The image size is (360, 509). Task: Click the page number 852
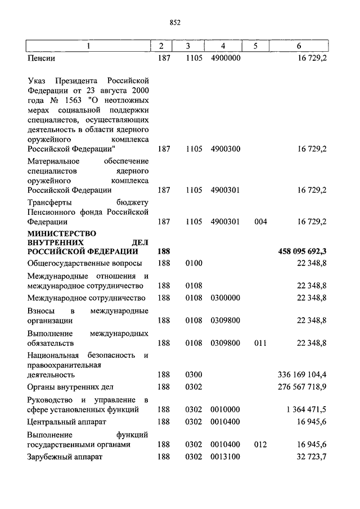pos(174,22)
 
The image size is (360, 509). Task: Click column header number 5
pos(255,46)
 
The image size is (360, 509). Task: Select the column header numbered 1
pos(88,46)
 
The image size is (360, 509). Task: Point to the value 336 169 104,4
pos(303,374)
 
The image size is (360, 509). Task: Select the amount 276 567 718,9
pos(303,387)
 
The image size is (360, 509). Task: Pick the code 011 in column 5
pos(260,343)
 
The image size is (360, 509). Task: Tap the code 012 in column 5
pos(260,444)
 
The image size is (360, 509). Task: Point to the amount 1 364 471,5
pos(307,409)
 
